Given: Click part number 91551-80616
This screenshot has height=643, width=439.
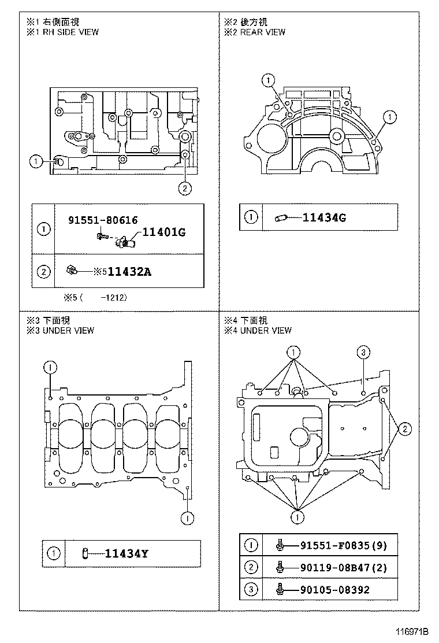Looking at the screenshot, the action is point(103,220).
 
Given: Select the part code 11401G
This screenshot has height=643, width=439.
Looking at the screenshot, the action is point(164,232).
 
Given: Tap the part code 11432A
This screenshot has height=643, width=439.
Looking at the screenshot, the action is point(129,272).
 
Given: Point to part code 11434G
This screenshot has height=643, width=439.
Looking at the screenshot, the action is point(324,217).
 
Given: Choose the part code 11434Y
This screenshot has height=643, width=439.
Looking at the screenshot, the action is point(127,553).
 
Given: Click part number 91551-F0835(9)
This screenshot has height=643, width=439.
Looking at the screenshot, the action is point(344,545).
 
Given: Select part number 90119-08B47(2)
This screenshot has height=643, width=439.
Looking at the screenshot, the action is point(344,568).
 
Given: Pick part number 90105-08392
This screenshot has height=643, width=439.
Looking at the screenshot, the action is point(335,590).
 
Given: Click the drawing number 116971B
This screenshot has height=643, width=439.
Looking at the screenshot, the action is point(411,631).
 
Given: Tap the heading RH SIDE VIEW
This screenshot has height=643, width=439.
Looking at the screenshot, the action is point(70,32).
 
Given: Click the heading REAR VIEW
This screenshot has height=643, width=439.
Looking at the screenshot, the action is point(262,32).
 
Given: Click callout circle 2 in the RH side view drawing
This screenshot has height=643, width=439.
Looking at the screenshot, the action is point(185,189).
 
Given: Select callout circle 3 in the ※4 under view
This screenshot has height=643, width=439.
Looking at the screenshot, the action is point(363,352).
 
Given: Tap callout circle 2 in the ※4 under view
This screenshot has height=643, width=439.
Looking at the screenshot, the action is point(405,429).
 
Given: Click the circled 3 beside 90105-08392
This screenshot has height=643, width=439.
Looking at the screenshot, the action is point(251,590).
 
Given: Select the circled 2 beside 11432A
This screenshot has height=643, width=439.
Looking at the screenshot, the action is point(43,271).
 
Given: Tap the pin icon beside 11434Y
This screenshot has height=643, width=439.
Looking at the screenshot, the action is point(85,553).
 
